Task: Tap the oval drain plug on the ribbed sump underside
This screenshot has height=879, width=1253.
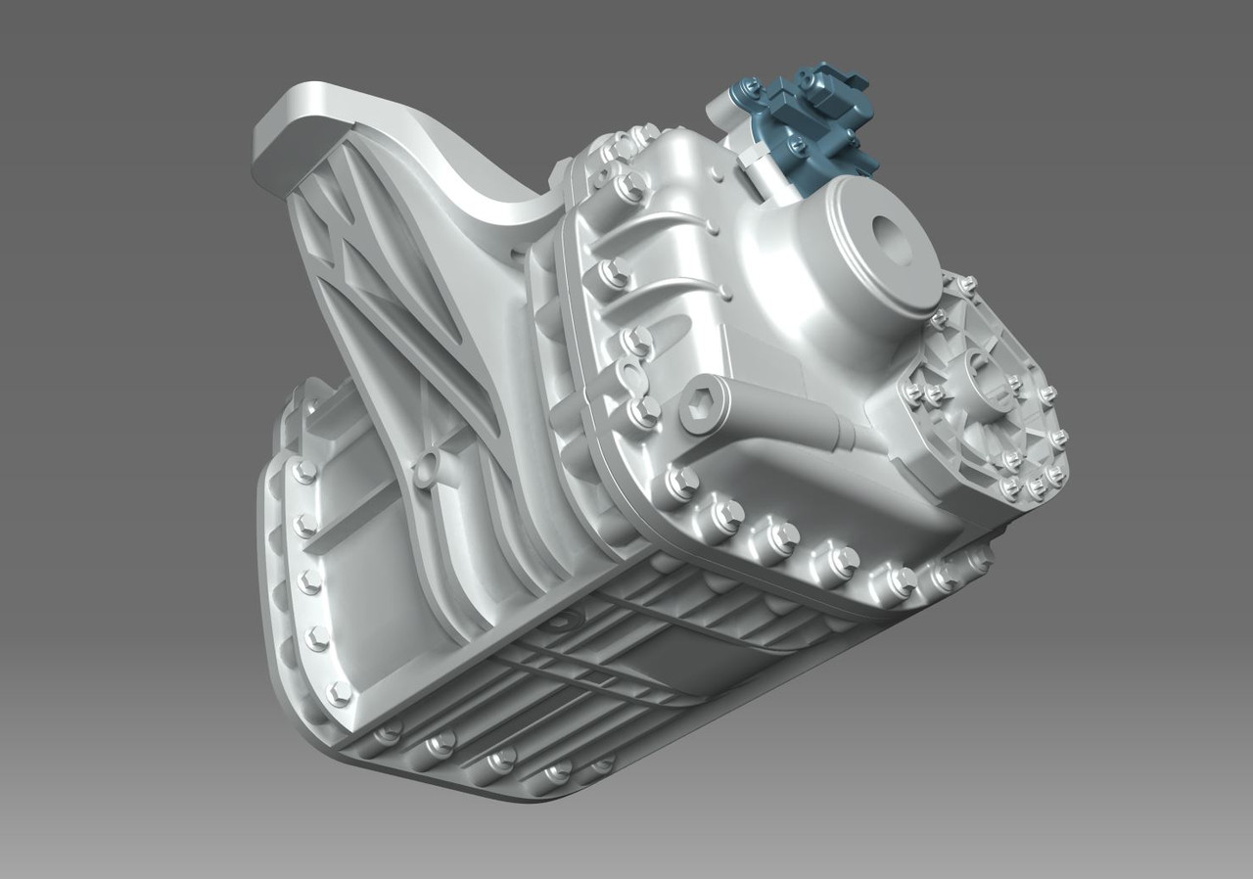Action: pos(562,621)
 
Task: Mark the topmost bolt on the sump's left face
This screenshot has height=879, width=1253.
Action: pos(304,472)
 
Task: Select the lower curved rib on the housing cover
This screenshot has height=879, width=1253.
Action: pos(675,284)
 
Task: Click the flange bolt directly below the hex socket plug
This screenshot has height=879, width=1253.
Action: pos(681,481)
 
